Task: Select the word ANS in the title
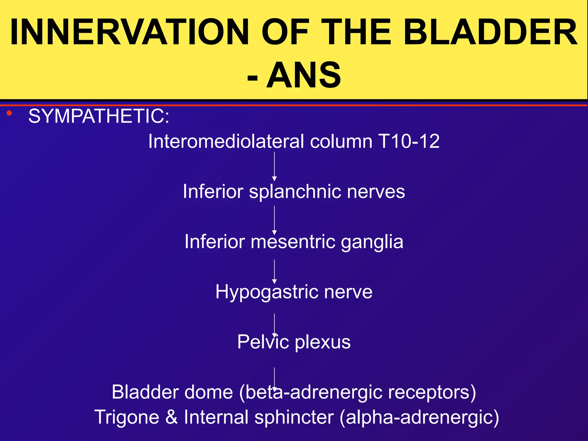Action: click(304, 75)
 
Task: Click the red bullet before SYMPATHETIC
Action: click(9, 113)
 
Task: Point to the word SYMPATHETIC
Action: click(99, 116)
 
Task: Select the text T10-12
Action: click(409, 141)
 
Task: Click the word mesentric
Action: click(293, 241)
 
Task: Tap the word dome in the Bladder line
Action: click(208, 392)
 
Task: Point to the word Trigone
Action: click(127, 417)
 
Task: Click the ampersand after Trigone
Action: click(171, 417)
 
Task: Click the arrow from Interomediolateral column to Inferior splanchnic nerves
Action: click(274, 167)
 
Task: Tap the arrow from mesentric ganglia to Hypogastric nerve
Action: click(274, 271)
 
